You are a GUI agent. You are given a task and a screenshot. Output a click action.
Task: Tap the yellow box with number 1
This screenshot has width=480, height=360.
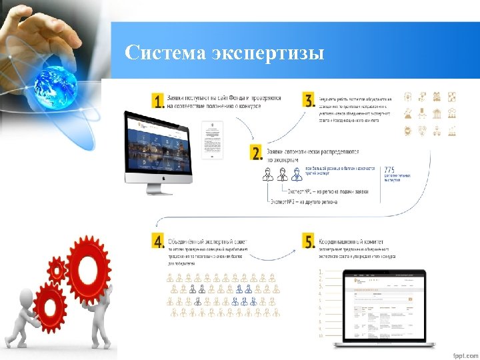tap(158, 101)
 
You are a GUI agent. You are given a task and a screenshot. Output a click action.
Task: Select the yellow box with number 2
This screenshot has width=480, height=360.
tap(257, 153)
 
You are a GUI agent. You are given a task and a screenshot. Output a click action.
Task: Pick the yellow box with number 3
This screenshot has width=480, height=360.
tap(309, 101)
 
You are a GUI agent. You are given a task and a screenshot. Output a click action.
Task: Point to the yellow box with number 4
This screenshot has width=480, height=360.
tap(158, 241)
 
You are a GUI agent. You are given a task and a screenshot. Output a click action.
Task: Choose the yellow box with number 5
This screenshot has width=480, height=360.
tap(309, 241)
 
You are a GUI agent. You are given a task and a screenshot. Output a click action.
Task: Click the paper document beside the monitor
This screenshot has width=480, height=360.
tap(212, 140)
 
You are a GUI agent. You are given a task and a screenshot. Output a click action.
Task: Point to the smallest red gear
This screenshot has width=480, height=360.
tap(57, 270)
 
